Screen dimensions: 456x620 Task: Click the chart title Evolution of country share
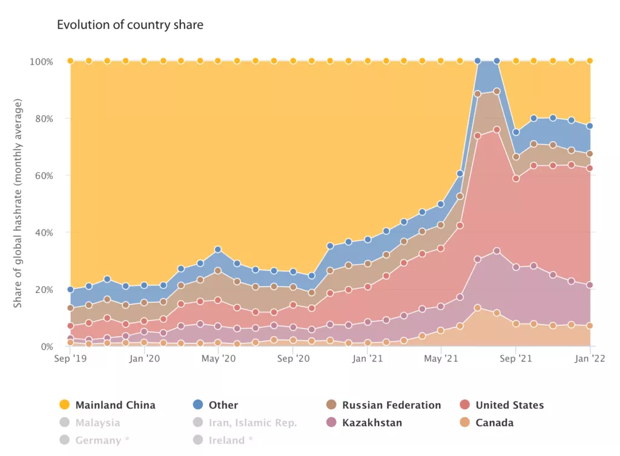pyautogui.click(x=130, y=25)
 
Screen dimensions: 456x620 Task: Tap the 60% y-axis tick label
pyautogui.click(x=44, y=176)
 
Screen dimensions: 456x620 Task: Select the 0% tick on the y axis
pyautogui.click(x=46, y=347)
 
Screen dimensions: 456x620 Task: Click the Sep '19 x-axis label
pyautogui.click(x=70, y=359)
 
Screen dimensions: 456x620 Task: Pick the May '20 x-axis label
pyautogui.click(x=218, y=359)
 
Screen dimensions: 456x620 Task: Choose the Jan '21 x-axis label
pyautogui.click(x=368, y=359)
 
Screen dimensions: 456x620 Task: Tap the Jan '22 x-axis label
pyautogui.click(x=590, y=359)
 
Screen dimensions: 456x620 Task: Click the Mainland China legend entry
pyautogui.click(x=115, y=405)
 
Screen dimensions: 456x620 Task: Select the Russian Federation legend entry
pyautogui.click(x=391, y=405)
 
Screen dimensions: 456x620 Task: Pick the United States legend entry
pyautogui.click(x=509, y=405)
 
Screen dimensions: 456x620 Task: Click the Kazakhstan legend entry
pyautogui.click(x=372, y=423)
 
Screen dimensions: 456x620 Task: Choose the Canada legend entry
pyautogui.click(x=494, y=423)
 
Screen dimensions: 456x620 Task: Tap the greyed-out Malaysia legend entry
pyautogui.click(x=97, y=423)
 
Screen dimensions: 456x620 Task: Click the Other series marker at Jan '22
pyautogui.click(x=590, y=126)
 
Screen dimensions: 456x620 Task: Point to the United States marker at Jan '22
pyautogui.click(x=590, y=168)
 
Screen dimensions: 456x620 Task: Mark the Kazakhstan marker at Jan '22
pyautogui.click(x=590, y=285)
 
